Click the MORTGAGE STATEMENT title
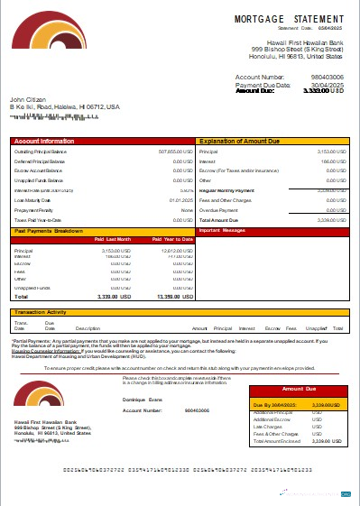(x=289, y=18)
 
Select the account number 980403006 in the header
(x=325, y=78)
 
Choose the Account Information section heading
(x=44, y=142)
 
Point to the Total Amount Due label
(x=217, y=219)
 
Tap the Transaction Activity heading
(x=44, y=312)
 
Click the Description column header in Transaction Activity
(x=88, y=328)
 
